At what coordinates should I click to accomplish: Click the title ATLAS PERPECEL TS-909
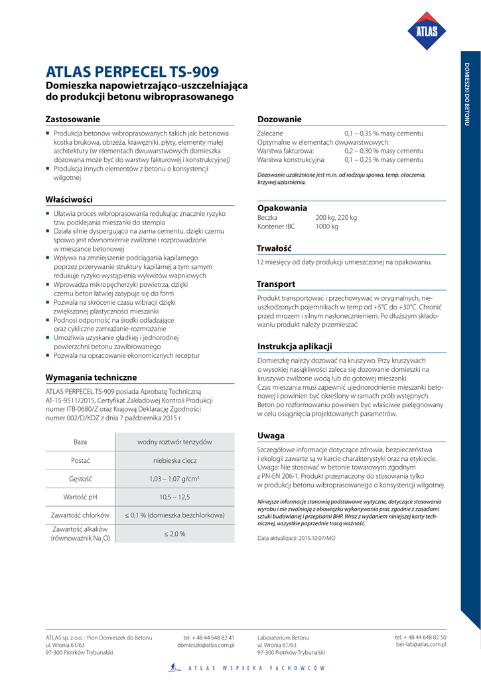(132, 72)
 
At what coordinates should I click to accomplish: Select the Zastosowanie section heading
(73, 119)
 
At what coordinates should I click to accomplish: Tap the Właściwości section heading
(69, 199)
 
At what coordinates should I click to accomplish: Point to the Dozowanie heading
(279, 119)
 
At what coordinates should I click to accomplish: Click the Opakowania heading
(282, 208)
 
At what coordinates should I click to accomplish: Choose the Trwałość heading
(275, 248)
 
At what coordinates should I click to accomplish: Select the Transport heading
(276, 284)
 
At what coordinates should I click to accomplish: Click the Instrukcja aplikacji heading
(295, 347)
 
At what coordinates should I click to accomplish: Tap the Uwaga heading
(271, 436)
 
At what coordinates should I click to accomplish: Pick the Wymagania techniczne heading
(91, 377)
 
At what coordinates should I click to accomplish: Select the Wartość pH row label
(80, 497)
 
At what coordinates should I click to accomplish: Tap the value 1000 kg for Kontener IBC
(327, 226)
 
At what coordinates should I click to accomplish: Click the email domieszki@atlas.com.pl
(206, 645)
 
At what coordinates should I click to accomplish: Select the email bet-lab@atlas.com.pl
(421, 644)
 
